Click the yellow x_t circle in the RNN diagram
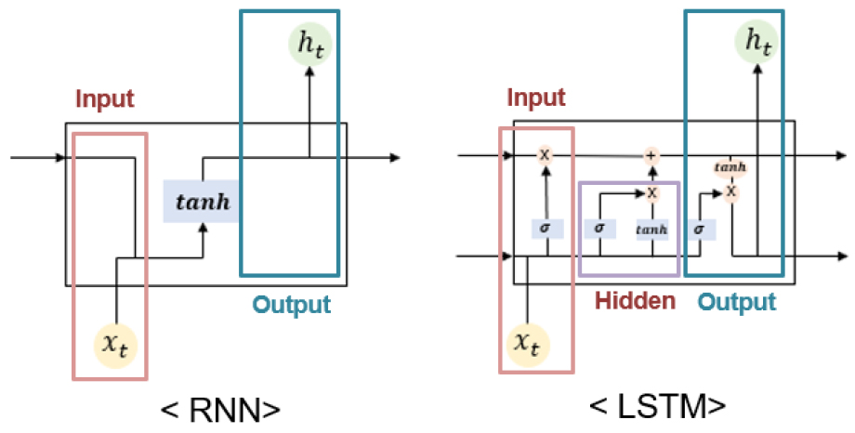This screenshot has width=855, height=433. (x=114, y=346)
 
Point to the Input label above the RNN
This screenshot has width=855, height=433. (x=105, y=98)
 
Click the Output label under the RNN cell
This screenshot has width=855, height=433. (x=293, y=304)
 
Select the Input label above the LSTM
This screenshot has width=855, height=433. (x=536, y=98)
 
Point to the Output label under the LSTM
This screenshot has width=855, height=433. (x=736, y=302)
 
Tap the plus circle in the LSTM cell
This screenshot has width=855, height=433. (x=651, y=156)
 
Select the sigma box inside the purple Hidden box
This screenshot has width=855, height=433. (x=599, y=227)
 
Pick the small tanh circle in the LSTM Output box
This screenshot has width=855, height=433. (x=731, y=168)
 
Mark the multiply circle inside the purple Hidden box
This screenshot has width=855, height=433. (x=652, y=192)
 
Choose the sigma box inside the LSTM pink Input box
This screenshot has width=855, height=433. (x=545, y=227)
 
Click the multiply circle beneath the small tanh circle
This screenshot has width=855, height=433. (x=731, y=191)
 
